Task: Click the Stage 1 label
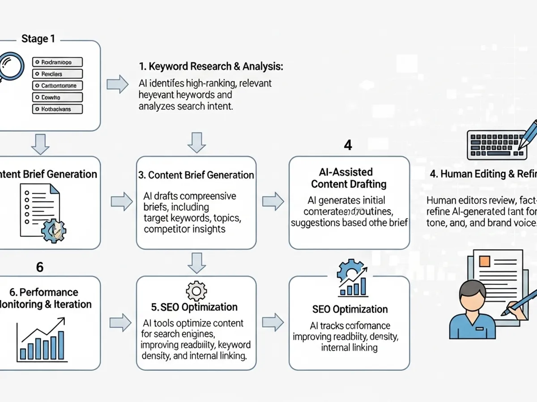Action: [x=38, y=39]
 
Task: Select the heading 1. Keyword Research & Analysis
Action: [x=211, y=67]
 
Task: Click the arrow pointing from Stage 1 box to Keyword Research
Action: [x=118, y=84]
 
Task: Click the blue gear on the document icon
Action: [x=53, y=230]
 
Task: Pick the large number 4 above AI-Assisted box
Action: [x=348, y=145]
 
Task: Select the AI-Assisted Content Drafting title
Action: [x=349, y=178]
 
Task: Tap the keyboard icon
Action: [x=497, y=145]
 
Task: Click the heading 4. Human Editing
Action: [x=483, y=174]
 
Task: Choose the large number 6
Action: [x=40, y=267]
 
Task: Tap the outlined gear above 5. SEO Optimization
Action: [x=196, y=291]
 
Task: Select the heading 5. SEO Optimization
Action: [x=194, y=307]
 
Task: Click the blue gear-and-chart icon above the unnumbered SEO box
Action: [x=352, y=279]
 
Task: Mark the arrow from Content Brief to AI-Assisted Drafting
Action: [x=273, y=201]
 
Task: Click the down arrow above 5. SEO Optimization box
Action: [x=196, y=263]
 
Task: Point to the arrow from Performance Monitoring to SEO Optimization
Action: [x=120, y=322]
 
